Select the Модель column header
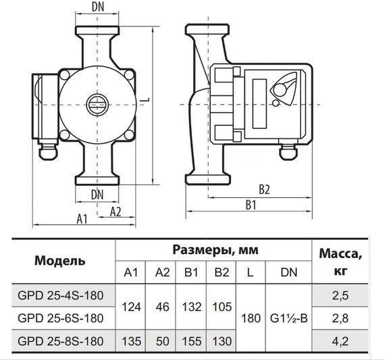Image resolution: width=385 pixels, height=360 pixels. coord(59,260)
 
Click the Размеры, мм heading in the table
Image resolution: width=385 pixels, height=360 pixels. coord(212,249)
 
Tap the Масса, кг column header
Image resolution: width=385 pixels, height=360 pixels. coord(344,260)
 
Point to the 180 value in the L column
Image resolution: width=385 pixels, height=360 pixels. coord(251,317)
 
